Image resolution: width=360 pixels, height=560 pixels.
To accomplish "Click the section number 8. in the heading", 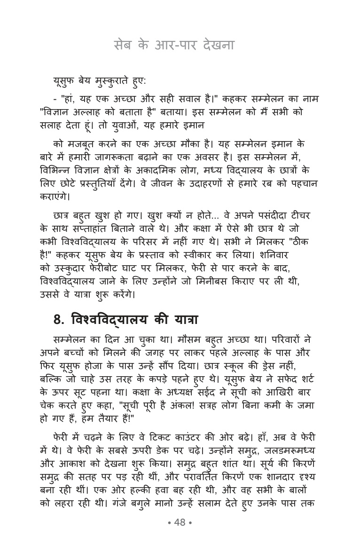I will tap(59, 320).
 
